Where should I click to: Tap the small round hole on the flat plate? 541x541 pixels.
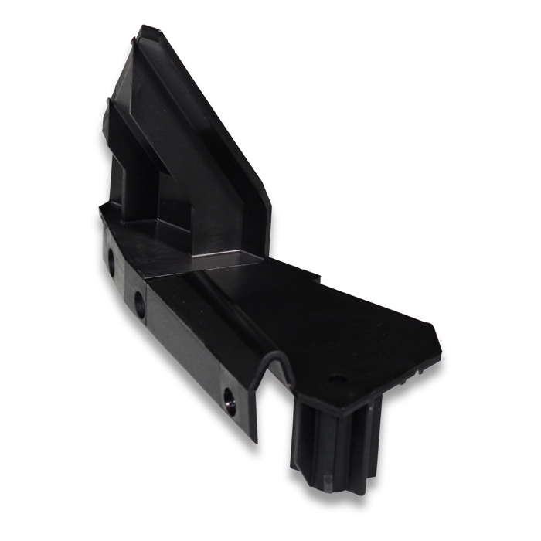pos(335,379)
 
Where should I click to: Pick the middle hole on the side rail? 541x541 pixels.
pos(140,304)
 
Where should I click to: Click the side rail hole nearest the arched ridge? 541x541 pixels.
pos(230,400)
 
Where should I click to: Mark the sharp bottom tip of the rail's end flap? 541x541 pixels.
pos(256,441)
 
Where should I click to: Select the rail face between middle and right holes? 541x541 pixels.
pos(185,348)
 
